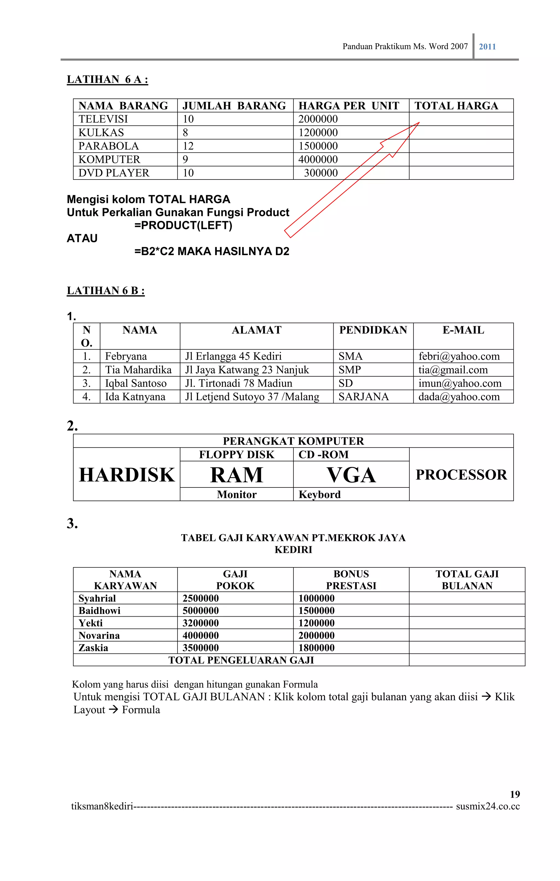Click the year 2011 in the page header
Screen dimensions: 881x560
point(487,47)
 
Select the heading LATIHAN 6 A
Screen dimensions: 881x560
point(107,79)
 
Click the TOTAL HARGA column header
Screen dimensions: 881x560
point(456,106)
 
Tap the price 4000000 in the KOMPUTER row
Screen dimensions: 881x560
point(318,160)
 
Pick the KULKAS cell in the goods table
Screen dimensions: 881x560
point(101,132)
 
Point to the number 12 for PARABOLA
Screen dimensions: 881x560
point(188,146)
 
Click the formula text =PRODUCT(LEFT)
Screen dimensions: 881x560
point(183,225)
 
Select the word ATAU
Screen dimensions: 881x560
point(82,239)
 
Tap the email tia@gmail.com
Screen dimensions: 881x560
point(453,370)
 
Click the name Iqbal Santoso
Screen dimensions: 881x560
point(136,383)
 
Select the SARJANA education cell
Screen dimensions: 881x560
point(363,397)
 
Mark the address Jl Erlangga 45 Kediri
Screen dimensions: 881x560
point(233,356)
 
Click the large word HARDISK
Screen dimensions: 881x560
point(127,475)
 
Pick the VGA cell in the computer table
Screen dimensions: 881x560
point(351,475)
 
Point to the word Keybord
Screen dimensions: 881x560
point(319,495)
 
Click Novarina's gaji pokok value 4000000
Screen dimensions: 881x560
point(201,636)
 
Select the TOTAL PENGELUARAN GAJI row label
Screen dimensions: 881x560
point(241,660)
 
